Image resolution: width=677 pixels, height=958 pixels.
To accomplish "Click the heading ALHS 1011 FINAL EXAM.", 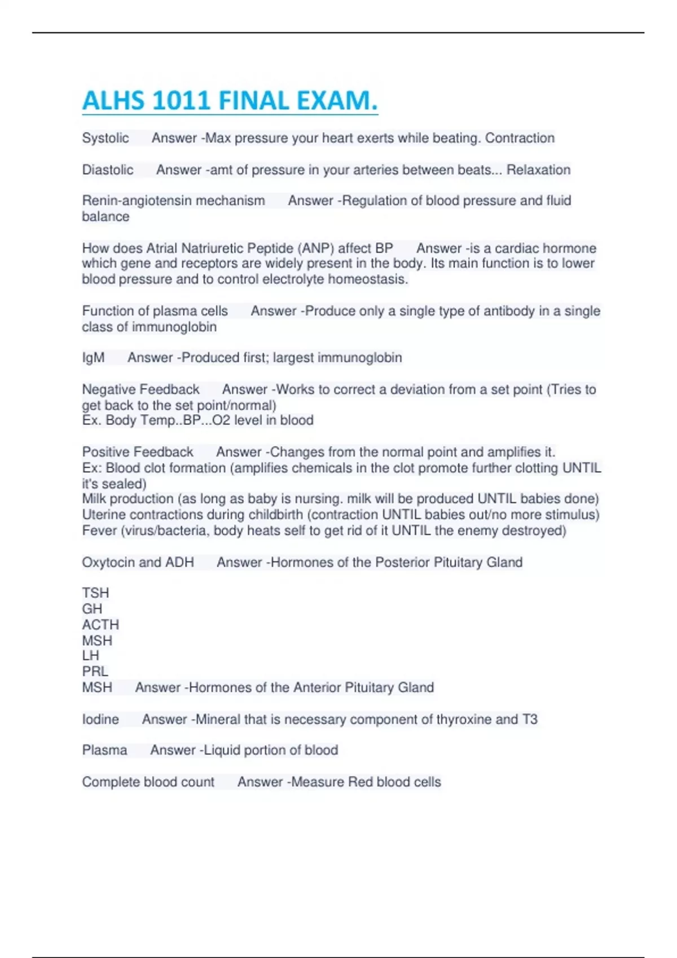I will (230, 101).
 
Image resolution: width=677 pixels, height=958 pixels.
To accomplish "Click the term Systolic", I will (105, 138).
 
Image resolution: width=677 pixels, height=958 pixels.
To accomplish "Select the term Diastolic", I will (108, 170).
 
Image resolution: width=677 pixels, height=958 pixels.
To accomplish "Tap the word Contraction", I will (520, 138).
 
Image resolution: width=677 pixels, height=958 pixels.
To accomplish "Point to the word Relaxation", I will (538, 170).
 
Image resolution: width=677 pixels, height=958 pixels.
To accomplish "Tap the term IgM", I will (93, 358).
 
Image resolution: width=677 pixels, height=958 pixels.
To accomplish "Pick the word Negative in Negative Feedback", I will (108, 389).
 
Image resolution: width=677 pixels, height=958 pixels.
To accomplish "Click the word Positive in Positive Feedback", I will (105, 452).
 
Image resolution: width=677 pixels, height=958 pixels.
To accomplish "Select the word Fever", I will (97, 531).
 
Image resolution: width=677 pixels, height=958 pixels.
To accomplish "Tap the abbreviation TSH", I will (95, 593).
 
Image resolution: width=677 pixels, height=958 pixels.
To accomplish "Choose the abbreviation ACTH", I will (100, 624).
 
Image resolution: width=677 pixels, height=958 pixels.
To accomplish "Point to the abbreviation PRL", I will (95, 671).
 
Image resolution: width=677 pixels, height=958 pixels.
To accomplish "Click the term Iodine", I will (100, 719).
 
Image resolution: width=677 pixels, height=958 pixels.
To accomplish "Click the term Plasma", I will (104, 750).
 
